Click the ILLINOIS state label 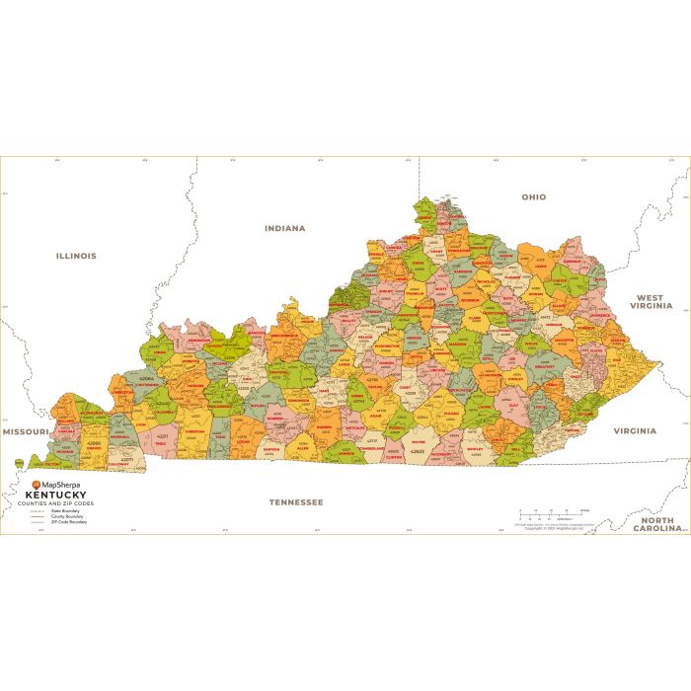coord(76,256)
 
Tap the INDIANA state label coord(284,228)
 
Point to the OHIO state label coord(533,197)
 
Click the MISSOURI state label coord(25,432)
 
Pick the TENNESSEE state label coord(296,501)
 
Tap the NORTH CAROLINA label coord(660,524)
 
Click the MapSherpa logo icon coord(37,485)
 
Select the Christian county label coord(194,431)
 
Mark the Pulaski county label coord(450,416)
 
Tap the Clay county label coord(511,403)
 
